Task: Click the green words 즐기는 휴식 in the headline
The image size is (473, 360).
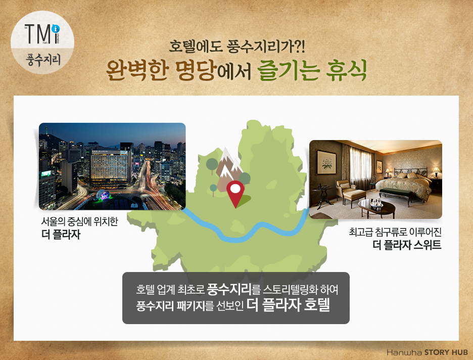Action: (x=312, y=72)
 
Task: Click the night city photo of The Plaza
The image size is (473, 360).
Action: (x=112, y=166)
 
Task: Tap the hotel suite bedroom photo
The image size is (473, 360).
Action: (x=375, y=179)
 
